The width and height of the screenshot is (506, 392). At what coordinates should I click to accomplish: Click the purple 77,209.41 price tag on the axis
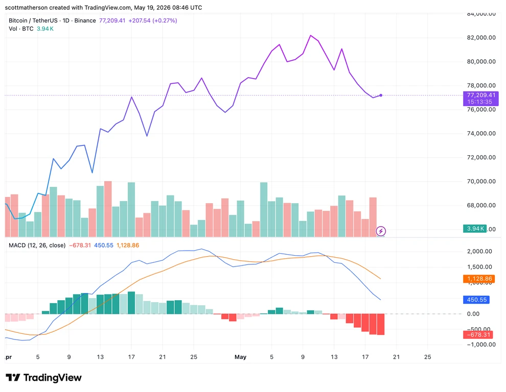point(480,99)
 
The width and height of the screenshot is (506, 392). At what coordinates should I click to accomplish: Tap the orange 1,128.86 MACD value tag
point(479,279)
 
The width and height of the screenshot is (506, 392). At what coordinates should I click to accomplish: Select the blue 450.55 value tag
point(476,300)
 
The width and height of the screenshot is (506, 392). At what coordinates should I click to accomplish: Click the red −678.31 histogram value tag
point(478,335)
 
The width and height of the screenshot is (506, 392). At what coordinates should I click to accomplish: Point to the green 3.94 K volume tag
point(475,229)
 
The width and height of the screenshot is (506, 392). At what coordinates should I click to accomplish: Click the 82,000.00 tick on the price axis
point(481,37)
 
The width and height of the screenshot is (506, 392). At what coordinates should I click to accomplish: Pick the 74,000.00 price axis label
point(481,133)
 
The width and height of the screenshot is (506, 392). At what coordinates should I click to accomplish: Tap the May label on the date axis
point(240,357)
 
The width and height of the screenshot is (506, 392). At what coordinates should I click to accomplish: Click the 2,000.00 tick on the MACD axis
point(479,252)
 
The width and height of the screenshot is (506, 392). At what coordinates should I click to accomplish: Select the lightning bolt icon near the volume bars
point(381,231)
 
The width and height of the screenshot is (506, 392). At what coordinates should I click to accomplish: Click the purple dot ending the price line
point(381,95)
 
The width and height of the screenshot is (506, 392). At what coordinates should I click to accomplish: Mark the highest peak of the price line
point(310,35)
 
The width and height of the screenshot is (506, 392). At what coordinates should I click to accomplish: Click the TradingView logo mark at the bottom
point(13,378)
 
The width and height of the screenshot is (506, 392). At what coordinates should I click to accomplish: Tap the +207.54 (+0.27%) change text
point(153,20)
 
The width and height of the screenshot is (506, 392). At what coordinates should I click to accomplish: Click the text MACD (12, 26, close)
point(37,246)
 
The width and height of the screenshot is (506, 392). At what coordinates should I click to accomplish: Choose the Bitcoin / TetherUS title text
point(33,20)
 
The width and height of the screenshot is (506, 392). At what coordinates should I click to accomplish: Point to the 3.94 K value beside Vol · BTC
point(45,29)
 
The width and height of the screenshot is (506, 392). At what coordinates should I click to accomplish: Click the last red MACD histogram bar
point(380,324)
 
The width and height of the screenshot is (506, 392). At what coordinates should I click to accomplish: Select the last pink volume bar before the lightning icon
point(373,217)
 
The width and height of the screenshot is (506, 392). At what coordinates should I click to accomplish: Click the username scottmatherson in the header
point(26,8)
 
